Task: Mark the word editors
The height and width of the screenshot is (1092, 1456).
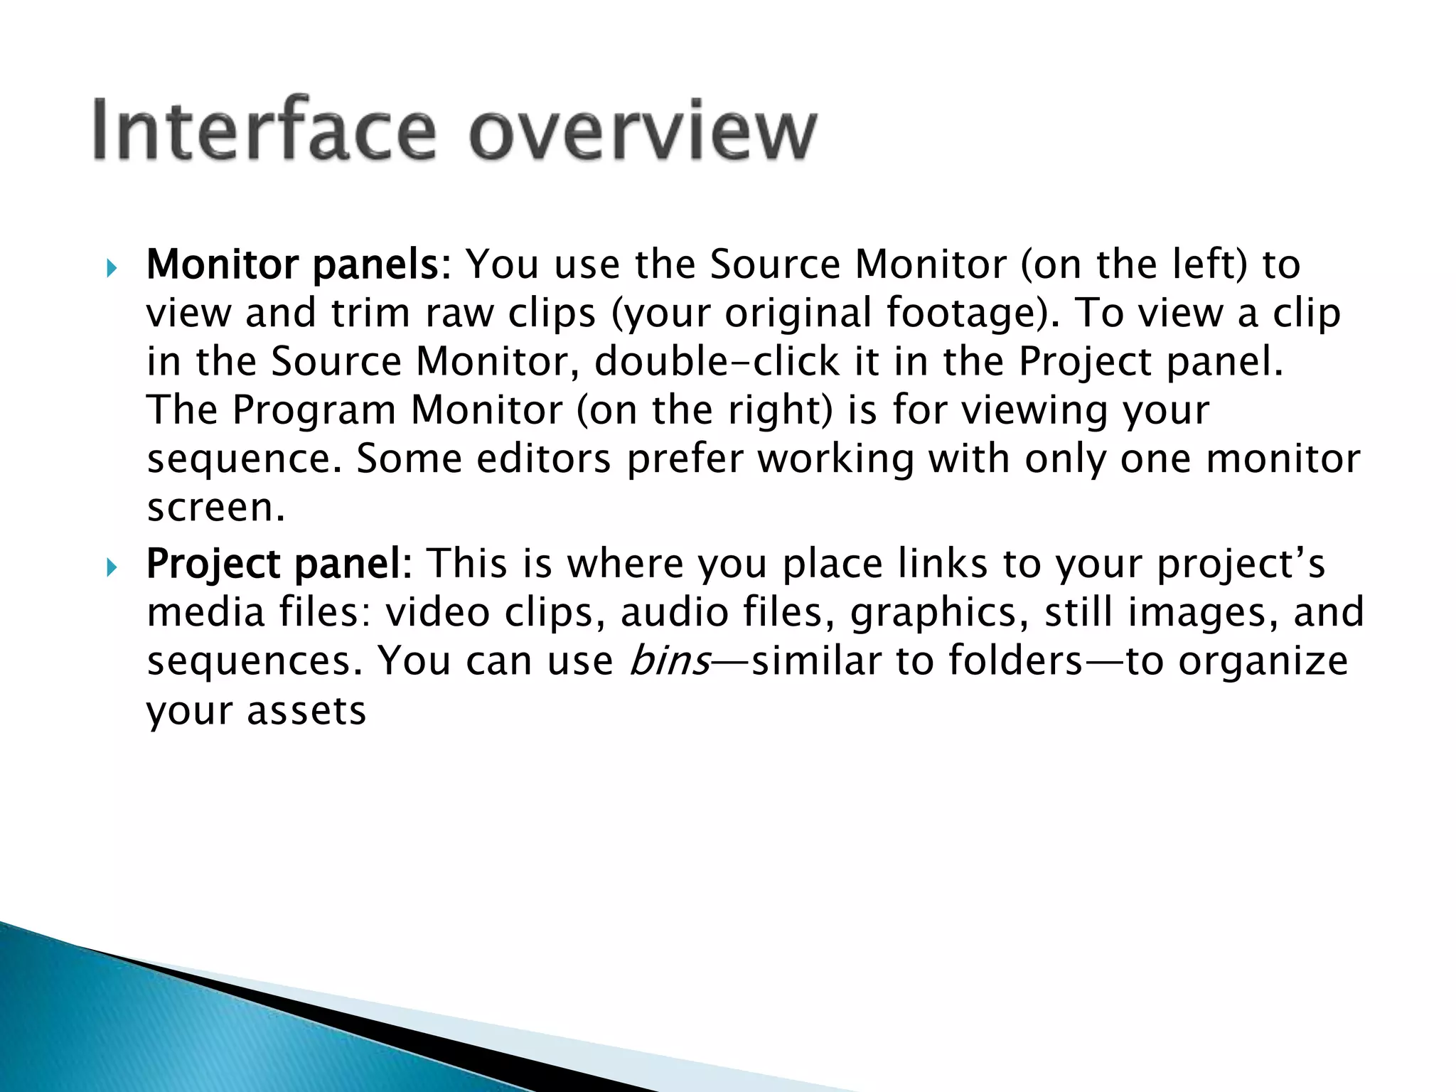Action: [543, 459]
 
